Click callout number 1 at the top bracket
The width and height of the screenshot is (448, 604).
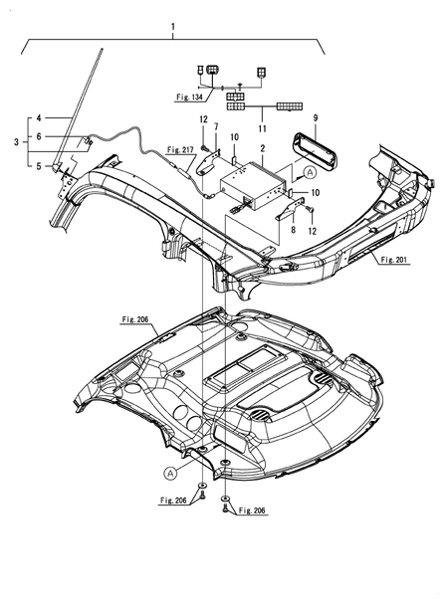coord(173,27)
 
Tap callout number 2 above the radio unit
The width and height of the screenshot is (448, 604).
coord(263,148)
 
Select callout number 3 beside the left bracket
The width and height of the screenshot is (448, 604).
coord(16,142)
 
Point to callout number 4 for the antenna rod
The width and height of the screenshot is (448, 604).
coord(39,118)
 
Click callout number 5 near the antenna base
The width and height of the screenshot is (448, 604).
coord(39,166)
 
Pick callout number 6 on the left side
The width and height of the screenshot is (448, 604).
coord(39,136)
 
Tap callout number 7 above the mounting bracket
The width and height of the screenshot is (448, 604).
coord(216,126)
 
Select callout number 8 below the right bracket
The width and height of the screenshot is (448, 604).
coord(294,230)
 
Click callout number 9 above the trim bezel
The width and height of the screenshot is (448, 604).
coord(316,118)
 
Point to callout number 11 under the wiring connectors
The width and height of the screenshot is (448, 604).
coord(262,128)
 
